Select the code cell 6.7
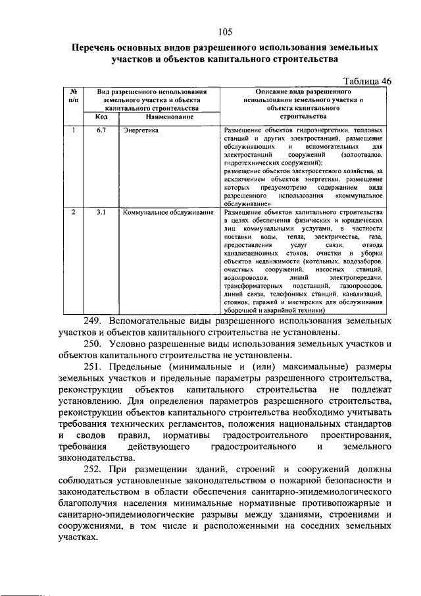101,130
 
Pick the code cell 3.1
101,213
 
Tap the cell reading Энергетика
141,131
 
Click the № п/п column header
74,96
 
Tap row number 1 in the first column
74,130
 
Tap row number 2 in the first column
74,213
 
